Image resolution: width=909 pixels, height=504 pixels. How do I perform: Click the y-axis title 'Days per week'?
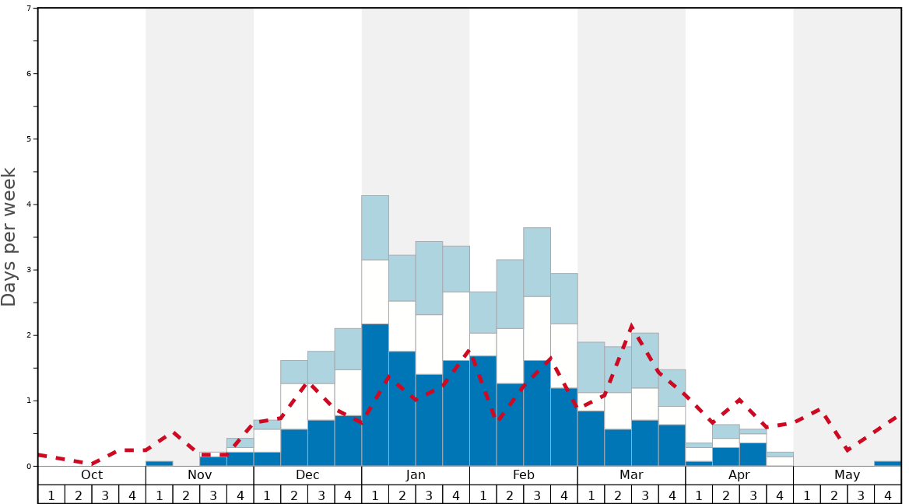tap(9, 236)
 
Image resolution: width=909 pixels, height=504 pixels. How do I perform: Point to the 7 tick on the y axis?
tap(30, 8)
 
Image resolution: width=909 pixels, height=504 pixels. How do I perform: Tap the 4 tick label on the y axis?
tap(30, 205)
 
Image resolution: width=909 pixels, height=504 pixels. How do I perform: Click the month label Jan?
tap(416, 475)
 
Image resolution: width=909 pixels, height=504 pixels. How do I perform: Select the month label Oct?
tap(92, 475)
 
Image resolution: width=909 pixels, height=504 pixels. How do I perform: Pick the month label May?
tap(848, 475)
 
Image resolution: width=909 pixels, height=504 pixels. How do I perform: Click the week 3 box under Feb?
tap(537, 495)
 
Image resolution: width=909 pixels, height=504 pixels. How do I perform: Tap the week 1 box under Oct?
tap(51, 495)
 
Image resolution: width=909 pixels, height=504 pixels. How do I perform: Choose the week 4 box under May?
tap(888, 495)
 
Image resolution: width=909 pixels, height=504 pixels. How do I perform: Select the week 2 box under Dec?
tap(294, 495)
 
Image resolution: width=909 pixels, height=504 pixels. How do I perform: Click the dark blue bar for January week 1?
tap(375, 395)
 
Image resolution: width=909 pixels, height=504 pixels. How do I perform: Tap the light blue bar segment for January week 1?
tap(375, 227)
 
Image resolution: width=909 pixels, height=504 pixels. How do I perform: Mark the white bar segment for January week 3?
tap(429, 345)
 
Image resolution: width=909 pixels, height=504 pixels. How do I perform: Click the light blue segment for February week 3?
tap(537, 262)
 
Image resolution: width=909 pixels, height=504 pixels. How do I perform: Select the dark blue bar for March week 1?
tap(591, 439)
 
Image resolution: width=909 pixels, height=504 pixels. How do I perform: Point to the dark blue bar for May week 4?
tap(888, 464)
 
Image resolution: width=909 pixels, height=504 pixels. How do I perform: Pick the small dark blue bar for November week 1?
tap(160, 464)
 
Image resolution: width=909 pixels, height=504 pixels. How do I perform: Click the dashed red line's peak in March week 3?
tap(631, 327)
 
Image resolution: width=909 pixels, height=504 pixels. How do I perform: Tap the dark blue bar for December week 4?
tap(348, 441)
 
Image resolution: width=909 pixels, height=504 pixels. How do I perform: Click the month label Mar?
tap(631, 475)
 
